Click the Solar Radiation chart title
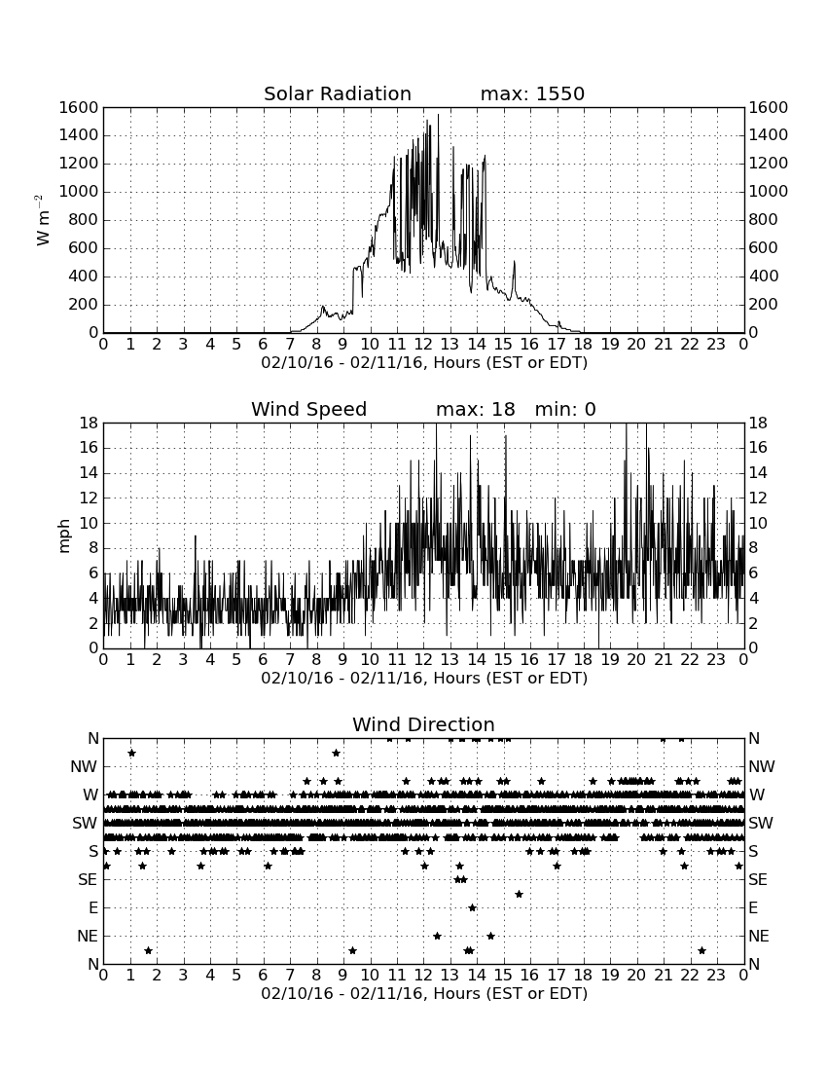(337, 93)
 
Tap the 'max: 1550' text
(532, 93)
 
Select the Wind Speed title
(308, 409)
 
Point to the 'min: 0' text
(565, 409)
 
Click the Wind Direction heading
(423, 724)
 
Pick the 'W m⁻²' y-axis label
(42, 220)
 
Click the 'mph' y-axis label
(64, 536)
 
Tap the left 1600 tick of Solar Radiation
(79, 107)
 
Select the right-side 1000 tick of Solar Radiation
(769, 191)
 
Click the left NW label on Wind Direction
(84, 767)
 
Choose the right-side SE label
(758, 880)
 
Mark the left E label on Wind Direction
(93, 907)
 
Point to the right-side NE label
(759, 936)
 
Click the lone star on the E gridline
(472, 907)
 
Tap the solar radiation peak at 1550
(438, 115)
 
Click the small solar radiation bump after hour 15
(514, 262)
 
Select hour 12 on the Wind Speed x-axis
(423, 659)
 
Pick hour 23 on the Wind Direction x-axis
(716, 975)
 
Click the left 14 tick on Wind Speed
(89, 472)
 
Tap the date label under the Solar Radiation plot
(424, 363)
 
